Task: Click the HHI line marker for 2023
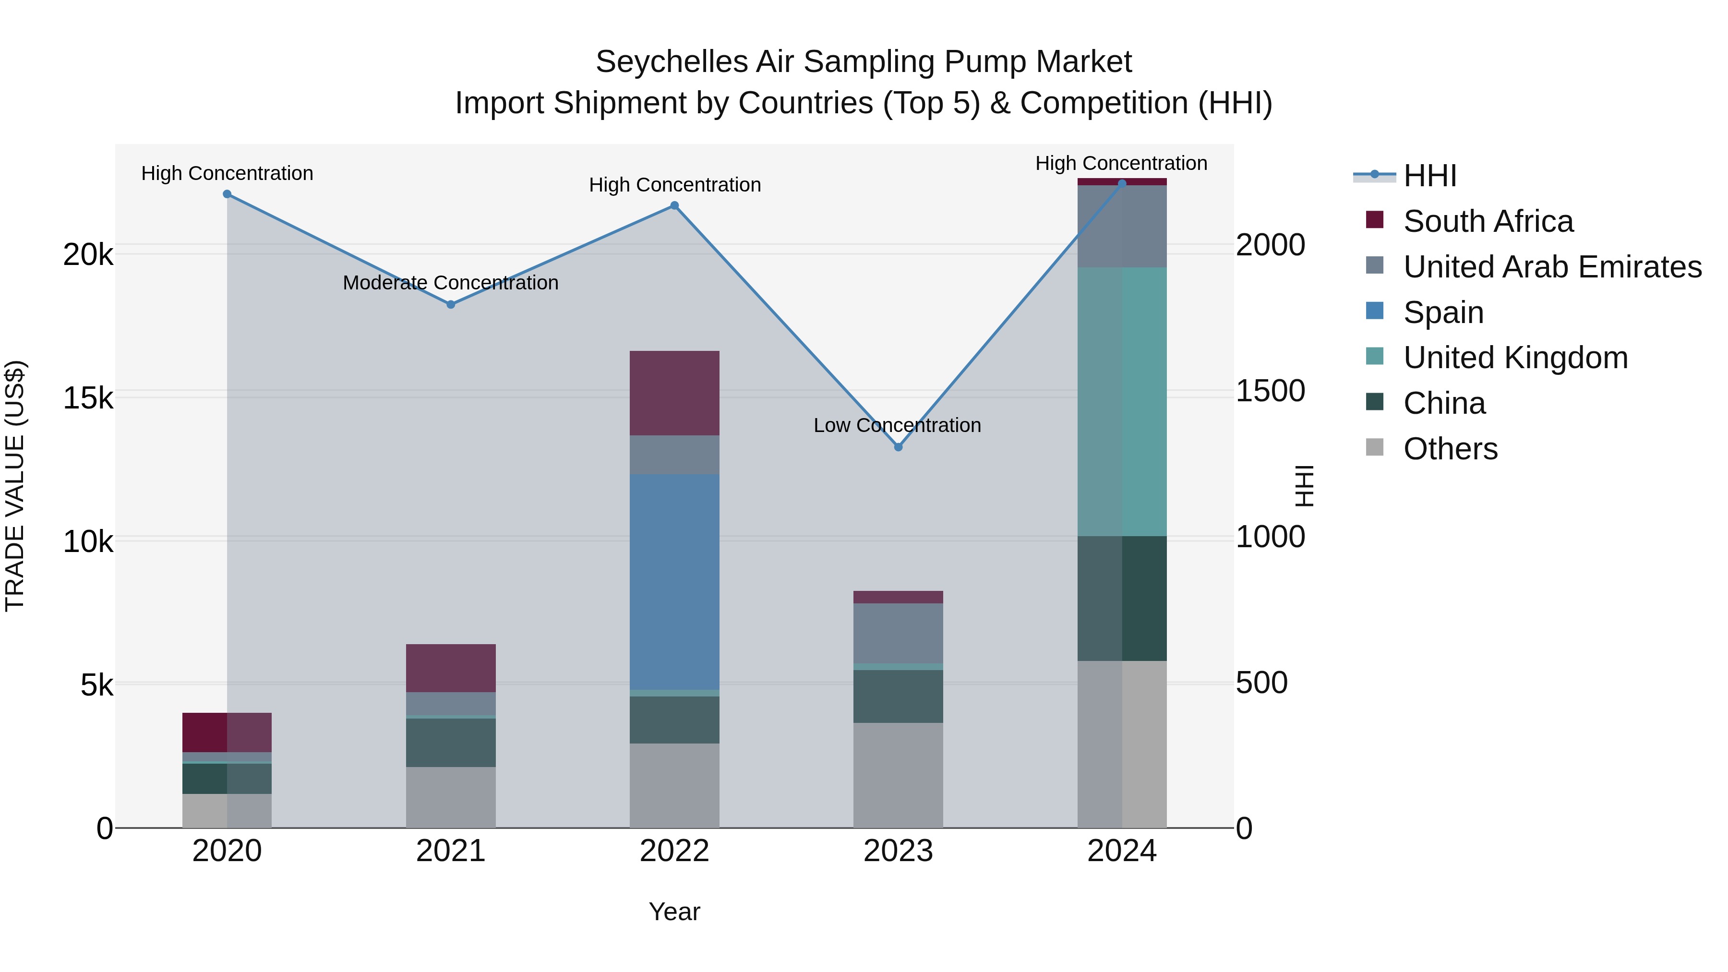point(898,447)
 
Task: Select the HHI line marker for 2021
point(451,304)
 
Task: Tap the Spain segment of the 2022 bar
point(674,582)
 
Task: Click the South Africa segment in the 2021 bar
point(451,668)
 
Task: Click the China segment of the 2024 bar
point(1122,599)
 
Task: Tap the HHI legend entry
point(1429,176)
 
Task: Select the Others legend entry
point(1450,449)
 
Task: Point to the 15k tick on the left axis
point(88,398)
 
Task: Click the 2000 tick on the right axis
point(1270,245)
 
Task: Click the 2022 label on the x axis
point(674,851)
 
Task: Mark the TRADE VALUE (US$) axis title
point(15,486)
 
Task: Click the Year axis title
point(674,912)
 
